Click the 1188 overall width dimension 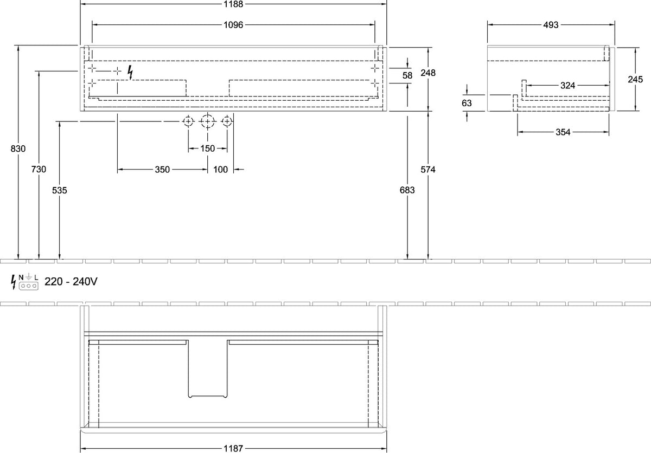click(x=233, y=4)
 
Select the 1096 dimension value click(x=233, y=25)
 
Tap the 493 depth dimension click(x=551, y=25)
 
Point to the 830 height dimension click(x=18, y=148)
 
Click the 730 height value click(x=39, y=169)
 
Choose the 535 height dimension click(x=59, y=190)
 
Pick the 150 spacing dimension click(x=207, y=148)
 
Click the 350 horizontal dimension click(x=162, y=170)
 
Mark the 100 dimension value click(x=221, y=170)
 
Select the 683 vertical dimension click(x=407, y=190)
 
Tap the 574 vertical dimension click(x=428, y=170)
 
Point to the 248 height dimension click(x=428, y=73)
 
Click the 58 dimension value click(x=407, y=75)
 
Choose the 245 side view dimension click(x=635, y=79)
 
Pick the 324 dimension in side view click(x=567, y=85)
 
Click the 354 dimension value click(x=563, y=132)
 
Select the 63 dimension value click(x=467, y=103)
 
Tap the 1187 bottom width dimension click(x=233, y=449)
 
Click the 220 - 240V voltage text click(x=71, y=281)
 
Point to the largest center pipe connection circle click(x=207, y=121)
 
